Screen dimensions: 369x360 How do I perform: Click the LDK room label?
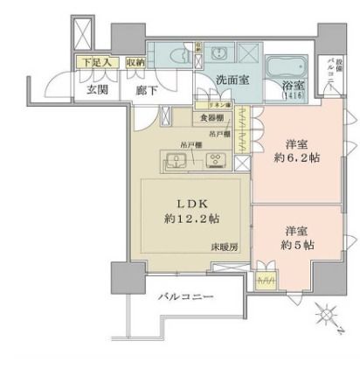point(194,199)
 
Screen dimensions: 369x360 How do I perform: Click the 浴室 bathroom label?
point(290,87)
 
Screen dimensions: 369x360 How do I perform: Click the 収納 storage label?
point(135,62)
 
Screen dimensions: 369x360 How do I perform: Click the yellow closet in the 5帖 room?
point(265,282)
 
